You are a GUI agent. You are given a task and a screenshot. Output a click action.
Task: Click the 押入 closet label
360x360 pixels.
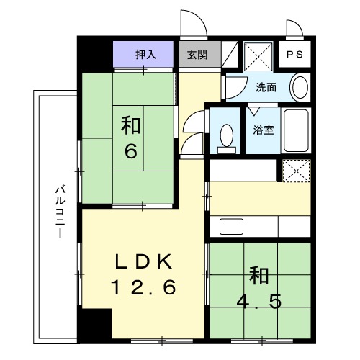click(144, 54)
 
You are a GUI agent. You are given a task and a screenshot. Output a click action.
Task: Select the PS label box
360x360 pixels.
click(295, 55)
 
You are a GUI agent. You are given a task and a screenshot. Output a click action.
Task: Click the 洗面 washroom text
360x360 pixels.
click(266, 88)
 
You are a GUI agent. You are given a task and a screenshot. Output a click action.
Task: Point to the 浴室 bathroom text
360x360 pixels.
click(263, 130)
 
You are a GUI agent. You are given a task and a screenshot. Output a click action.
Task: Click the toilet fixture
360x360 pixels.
click(227, 137)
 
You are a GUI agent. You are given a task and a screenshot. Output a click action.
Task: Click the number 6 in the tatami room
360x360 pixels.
click(130, 153)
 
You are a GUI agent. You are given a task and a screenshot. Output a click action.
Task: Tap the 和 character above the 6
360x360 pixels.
click(130, 127)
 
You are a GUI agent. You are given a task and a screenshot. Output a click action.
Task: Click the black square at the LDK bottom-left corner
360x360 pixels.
click(96, 325)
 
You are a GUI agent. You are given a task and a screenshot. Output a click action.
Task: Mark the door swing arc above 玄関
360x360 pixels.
click(195, 24)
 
